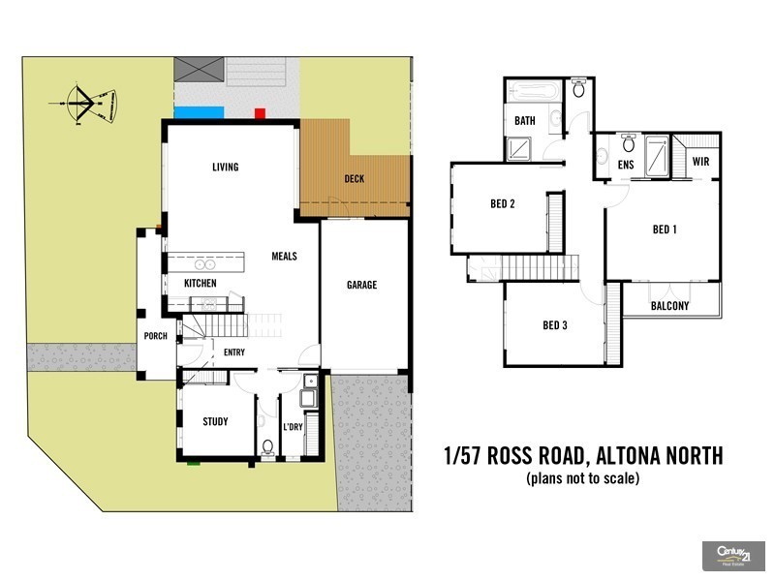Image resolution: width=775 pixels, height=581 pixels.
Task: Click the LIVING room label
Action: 225,168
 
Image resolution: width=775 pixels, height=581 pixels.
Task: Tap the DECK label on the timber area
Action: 355,179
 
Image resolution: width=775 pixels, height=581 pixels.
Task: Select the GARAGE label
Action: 362,285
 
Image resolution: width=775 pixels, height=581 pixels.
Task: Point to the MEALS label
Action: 284,257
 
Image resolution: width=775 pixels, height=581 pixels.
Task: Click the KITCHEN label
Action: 201,284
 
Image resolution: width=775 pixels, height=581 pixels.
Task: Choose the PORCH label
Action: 155,337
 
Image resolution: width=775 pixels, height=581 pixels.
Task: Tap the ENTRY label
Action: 234,352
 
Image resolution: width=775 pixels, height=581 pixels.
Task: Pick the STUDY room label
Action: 215,421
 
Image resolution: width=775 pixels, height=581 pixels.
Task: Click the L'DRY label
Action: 293,427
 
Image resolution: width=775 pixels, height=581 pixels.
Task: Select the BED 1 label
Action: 664,229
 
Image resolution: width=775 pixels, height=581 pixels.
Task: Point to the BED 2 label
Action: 502,203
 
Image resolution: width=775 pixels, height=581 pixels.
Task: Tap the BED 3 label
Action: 554,325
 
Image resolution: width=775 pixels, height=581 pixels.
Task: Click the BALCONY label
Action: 669,306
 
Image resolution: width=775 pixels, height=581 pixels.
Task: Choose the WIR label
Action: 700,162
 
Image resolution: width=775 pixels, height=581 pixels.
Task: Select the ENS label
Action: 626,165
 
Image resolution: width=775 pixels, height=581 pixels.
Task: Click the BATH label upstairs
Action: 525,121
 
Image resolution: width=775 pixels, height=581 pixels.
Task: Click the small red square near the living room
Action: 259,113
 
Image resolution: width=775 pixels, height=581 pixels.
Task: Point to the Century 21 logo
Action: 732,556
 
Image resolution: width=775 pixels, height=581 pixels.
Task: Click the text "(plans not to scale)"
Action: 583,478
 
